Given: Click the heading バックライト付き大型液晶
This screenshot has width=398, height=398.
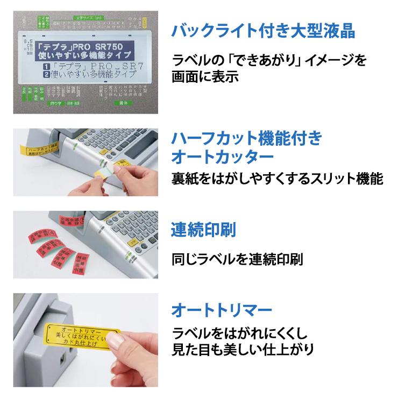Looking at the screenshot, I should tap(262, 31).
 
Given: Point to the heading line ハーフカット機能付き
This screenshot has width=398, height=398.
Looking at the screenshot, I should tap(246, 139).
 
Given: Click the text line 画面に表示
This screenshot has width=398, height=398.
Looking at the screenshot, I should tap(204, 77).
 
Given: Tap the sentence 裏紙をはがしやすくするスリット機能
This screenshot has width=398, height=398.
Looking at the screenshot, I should tap(277, 179).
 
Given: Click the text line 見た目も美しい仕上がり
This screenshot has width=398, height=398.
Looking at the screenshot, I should tap(242, 350).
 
